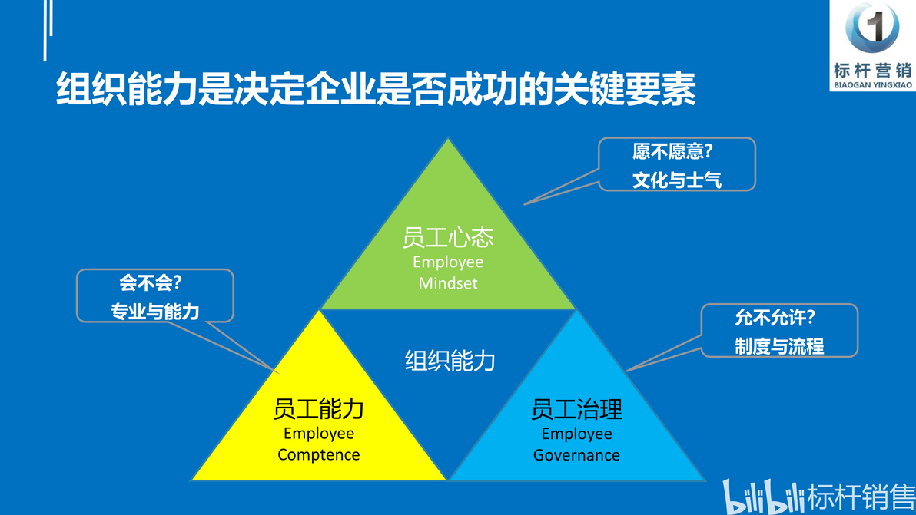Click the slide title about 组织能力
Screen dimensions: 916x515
[376, 89]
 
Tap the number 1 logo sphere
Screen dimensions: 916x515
[872, 27]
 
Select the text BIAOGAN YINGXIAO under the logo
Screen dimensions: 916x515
[873, 85]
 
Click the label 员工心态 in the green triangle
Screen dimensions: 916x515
[448, 237]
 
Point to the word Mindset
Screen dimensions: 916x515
[448, 283]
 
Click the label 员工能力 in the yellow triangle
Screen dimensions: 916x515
[318, 409]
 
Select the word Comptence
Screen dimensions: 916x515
[318, 455]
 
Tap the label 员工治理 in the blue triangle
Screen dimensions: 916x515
[576, 409]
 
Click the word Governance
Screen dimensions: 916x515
[576, 455]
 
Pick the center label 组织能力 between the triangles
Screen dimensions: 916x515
[450, 361]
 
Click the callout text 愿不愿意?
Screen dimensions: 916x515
[672, 152]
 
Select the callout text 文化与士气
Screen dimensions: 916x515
[676, 180]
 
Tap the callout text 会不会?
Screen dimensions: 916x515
[151, 283]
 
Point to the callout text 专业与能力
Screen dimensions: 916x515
[154, 312]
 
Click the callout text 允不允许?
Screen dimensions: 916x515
[775, 318]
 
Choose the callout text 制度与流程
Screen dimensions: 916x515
[779, 346]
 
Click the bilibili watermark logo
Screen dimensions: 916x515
[763, 497]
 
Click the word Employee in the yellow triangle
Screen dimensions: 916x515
[318, 434]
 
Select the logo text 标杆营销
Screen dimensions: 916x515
[873, 71]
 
